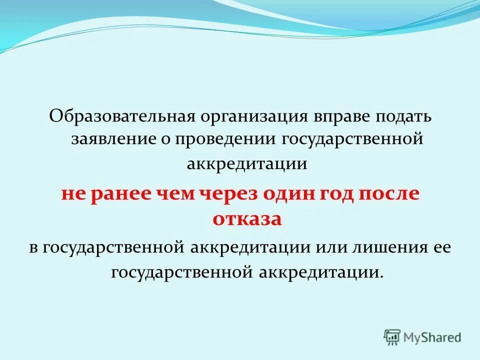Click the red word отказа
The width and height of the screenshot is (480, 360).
(x=247, y=219)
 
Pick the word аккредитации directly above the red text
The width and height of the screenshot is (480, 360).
(x=247, y=164)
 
